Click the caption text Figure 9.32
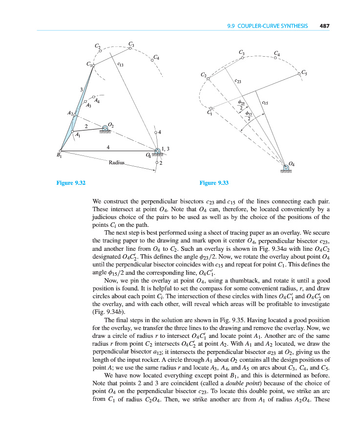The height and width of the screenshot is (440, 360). (71, 183)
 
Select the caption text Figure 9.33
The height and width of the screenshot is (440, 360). (214, 183)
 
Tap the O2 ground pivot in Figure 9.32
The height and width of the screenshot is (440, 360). (105, 129)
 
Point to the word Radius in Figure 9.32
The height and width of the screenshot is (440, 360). (117, 162)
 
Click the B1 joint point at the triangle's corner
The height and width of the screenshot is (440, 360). (60, 151)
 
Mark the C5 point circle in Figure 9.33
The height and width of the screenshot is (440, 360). (298, 74)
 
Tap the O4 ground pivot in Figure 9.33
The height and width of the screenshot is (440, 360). (286, 168)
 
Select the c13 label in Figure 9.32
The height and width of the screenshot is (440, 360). (120, 64)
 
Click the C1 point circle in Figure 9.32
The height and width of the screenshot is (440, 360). (94, 65)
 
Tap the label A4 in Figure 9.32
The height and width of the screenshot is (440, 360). (97, 101)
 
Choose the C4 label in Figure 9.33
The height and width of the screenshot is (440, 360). (277, 53)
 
